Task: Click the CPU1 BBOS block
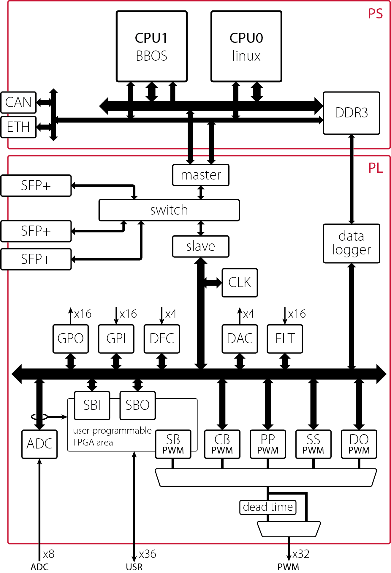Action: pyautogui.click(x=151, y=46)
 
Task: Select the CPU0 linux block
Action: pyautogui.click(x=246, y=46)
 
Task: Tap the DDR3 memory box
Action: pyautogui.click(x=351, y=113)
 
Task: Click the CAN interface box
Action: pyautogui.click(x=18, y=103)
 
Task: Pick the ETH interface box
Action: pyautogui.click(x=18, y=127)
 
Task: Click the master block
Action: pyautogui.click(x=201, y=175)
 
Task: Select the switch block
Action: pyautogui.click(x=169, y=210)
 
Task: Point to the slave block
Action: pyautogui.click(x=201, y=246)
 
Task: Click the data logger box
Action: pyautogui.click(x=351, y=243)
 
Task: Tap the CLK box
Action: pyautogui.click(x=240, y=283)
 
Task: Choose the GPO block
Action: pyautogui.click(x=70, y=339)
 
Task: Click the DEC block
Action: pyautogui.click(x=162, y=339)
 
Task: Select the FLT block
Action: pyautogui.click(x=285, y=339)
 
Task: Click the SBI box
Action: pyautogui.click(x=92, y=405)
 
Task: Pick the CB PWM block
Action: pyautogui.click(x=222, y=444)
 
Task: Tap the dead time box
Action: pyautogui.click(x=268, y=507)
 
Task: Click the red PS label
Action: pyautogui.click(x=375, y=14)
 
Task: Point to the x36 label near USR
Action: pyautogui.click(x=148, y=554)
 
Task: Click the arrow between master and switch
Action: pyautogui.click(x=201, y=193)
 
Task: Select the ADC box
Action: pyautogui.click(x=39, y=444)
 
